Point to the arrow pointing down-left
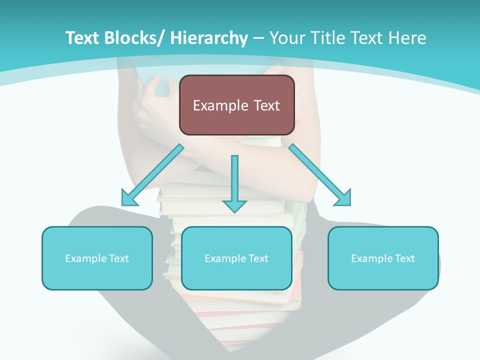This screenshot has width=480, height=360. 152,175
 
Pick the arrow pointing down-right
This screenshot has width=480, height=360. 320,175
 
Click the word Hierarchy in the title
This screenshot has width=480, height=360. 209,38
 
